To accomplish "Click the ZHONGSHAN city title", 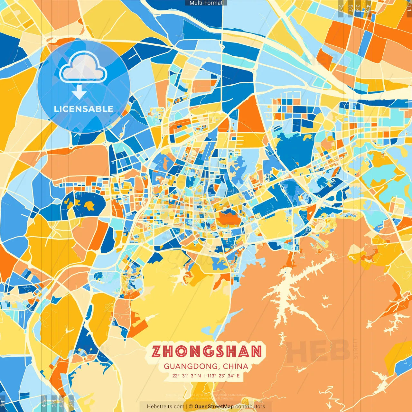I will point(207,351).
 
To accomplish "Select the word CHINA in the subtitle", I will point(236,366).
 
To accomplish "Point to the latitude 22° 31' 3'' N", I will point(186,376).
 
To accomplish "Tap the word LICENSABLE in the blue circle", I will point(84,109).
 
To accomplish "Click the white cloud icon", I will point(83,67).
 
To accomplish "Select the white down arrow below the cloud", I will point(79,93).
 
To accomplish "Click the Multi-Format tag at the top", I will point(206,3).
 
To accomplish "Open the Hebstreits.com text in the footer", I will point(165,407).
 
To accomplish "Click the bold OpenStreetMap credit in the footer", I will point(214,407).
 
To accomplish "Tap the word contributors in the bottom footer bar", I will point(250,407).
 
